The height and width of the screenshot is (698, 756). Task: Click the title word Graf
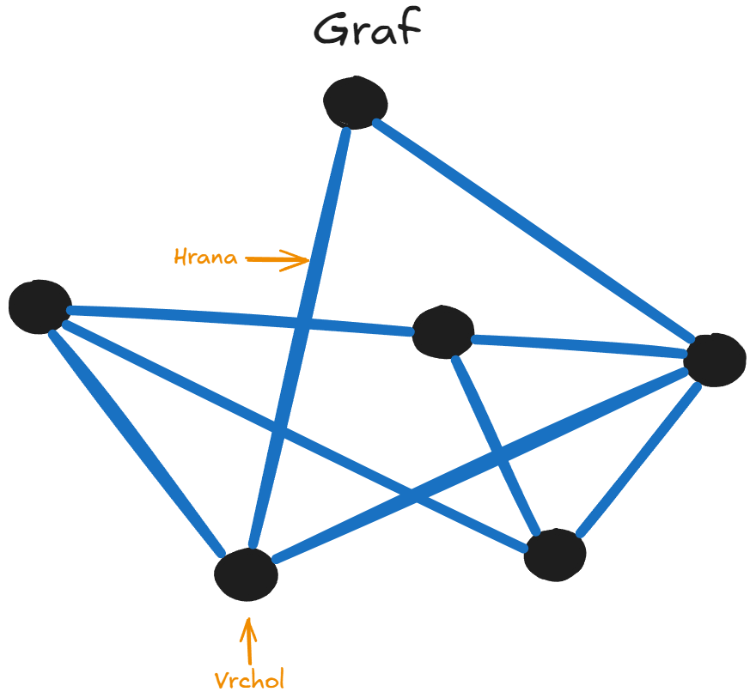[367, 32]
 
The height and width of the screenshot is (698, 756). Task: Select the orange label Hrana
[205, 257]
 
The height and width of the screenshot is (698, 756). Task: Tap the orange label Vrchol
[249, 681]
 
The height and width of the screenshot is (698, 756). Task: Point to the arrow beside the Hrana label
[277, 258]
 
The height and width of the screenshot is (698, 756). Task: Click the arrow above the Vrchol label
[248, 638]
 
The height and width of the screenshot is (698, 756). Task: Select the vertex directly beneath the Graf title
[355, 102]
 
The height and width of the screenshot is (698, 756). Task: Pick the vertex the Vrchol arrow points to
[246, 574]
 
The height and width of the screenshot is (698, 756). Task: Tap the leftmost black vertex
[40, 306]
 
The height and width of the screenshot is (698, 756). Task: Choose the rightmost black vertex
[715, 360]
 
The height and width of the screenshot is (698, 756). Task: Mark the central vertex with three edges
[442, 332]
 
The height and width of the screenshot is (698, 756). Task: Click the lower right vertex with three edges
[555, 555]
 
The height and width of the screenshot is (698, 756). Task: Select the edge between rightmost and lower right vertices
[640, 459]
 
